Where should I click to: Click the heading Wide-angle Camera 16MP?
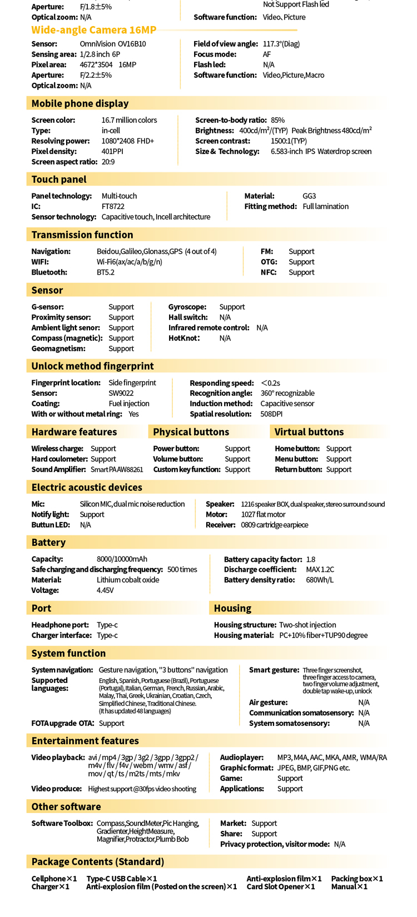93,30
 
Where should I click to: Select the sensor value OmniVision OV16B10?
113,44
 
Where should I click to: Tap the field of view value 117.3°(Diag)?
281,44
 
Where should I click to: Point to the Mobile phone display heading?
80,103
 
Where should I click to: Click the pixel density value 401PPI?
112,151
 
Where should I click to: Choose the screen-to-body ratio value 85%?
277,120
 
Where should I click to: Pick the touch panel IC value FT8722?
113,206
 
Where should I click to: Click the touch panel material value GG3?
309,196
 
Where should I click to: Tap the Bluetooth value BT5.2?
106,272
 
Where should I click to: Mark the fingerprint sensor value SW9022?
121,393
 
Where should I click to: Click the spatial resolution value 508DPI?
271,414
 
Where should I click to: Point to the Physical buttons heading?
191,432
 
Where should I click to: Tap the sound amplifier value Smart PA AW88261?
117,470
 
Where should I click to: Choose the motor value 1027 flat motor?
263,515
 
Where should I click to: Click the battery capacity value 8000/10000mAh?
122,559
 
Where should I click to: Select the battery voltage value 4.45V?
105,590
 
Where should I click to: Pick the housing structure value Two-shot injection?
307,625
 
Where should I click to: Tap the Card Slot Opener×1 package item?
281,886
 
